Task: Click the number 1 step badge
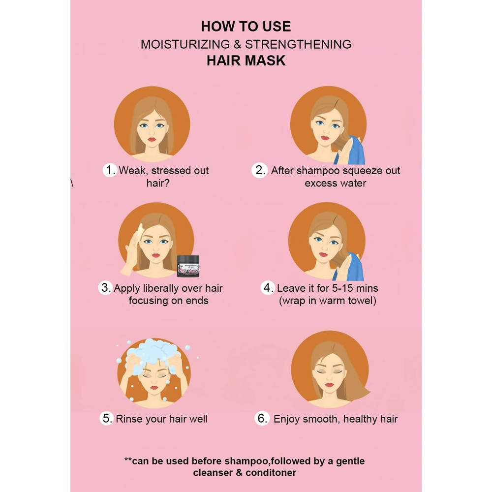tap(110, 170)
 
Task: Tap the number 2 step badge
tap(259, 170)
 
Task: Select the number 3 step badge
tap(105, 287)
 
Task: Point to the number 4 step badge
tap(268, 287)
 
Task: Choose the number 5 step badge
tap(107, 418)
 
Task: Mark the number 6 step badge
tap(262, 418)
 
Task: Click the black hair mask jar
tap(188, 266)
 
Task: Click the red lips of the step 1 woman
tap(152, 139)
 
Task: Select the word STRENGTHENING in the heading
tap(298, 44)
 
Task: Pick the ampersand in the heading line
tap(238, 44)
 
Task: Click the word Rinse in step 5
tap(127, 419)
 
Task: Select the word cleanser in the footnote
tap(213, 472)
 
